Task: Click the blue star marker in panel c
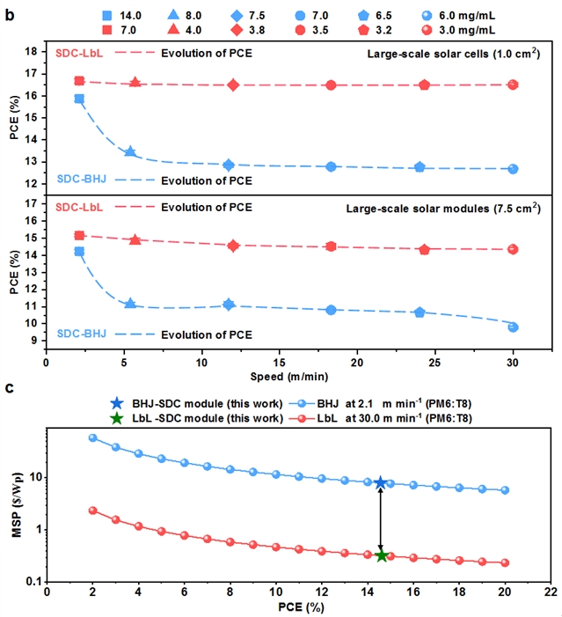(x=381, y=482)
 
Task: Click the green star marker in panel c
(x=381, y=555)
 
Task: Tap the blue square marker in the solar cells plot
(x=79, y=99)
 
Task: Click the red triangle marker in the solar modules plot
(x=135, y=239)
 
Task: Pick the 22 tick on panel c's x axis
(x=551, y=594)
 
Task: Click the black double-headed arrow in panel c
(x=381, y=518)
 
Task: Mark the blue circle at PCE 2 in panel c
(x=92, y=437)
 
